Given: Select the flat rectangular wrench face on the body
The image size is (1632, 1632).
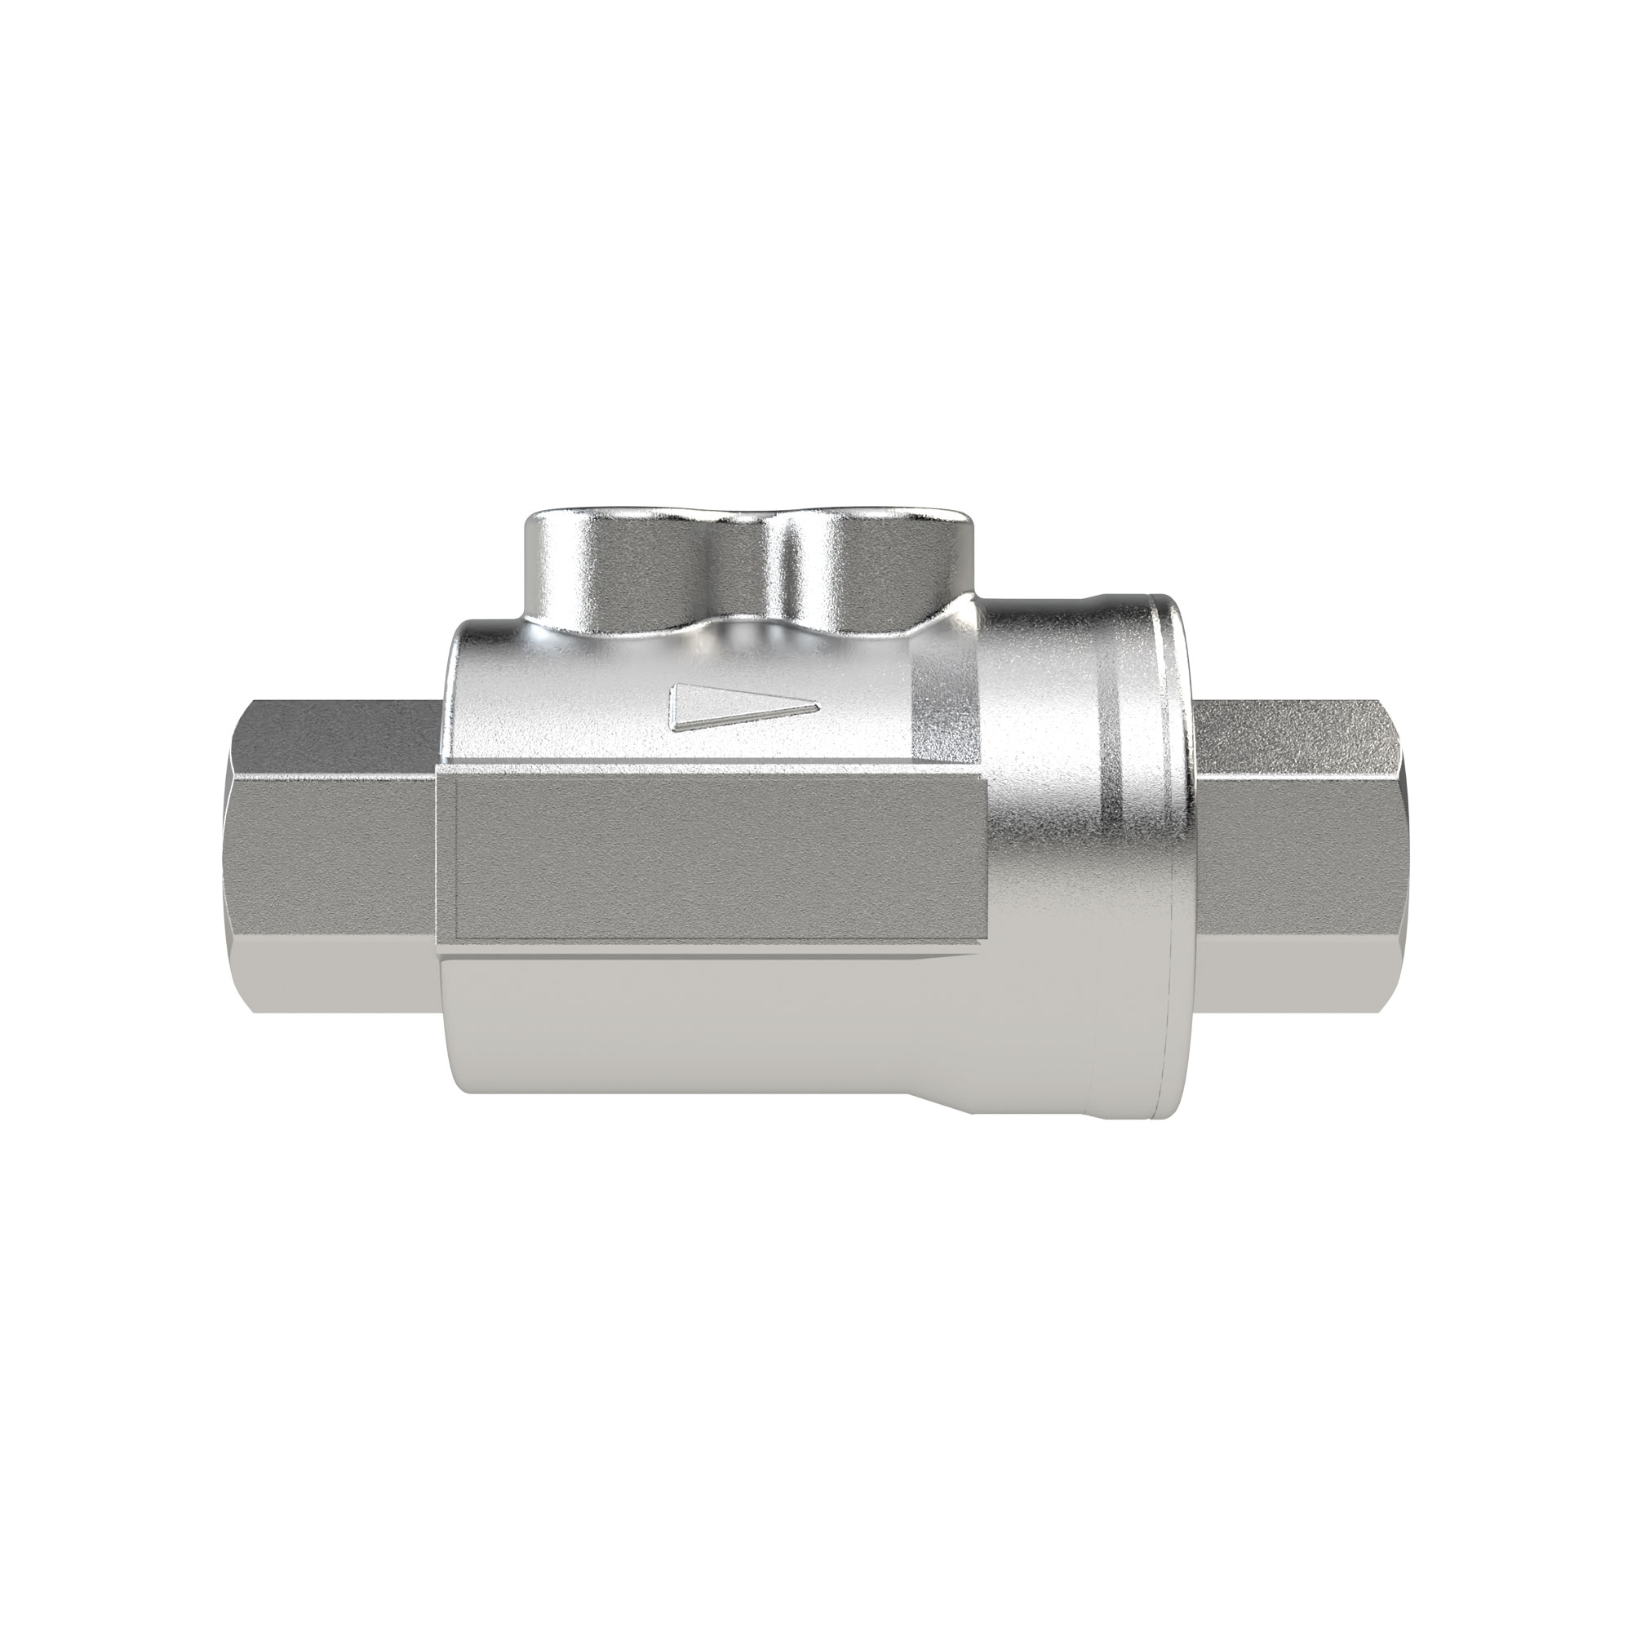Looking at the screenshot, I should click(718, 854).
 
